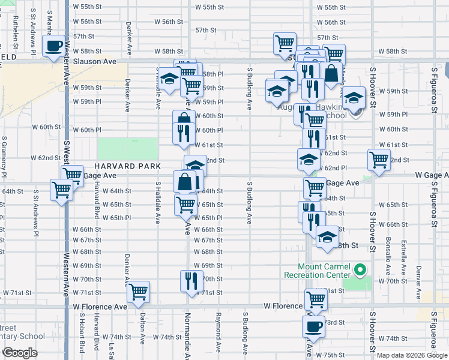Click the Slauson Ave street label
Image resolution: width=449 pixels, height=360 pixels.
[94, 62]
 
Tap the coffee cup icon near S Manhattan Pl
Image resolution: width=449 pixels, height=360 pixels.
[53, 46]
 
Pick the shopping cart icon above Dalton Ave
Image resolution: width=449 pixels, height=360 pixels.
[139, 292]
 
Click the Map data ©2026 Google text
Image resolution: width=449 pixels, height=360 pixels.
[412, 355]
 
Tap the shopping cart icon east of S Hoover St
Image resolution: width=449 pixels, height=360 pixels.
[379, 160]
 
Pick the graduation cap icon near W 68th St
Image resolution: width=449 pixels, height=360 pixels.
[327, 236]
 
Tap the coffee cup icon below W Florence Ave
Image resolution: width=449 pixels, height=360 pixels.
[313, 326]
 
